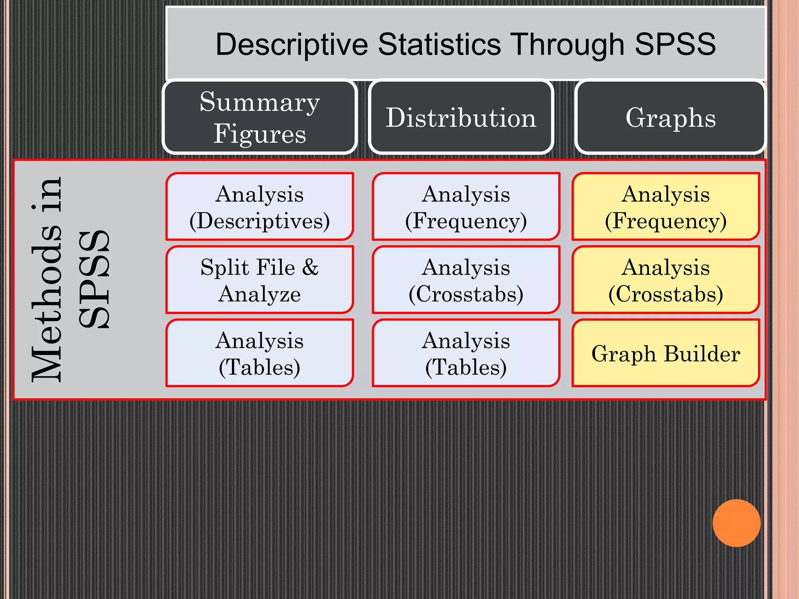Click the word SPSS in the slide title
coord(675,44)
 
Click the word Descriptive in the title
coord(291,44)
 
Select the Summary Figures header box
coord(260,117)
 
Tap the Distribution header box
coord(461,117)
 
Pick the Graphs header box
coord(670,117)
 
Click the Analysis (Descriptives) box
coord(260,207)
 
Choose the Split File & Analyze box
coord(260,280)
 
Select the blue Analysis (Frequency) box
coord(466,207)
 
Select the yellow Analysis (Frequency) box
coord(666,207)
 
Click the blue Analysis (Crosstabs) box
coord(466,280)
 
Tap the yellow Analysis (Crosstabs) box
coord(666,280)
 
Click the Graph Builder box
coord(666,353)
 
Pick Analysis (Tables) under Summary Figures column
coord(260,353)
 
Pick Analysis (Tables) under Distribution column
coord(466,353)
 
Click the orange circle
coord(736,523)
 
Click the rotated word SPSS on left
coord(94,279)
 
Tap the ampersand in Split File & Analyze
coord(310,268)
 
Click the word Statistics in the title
coord(439,44)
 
